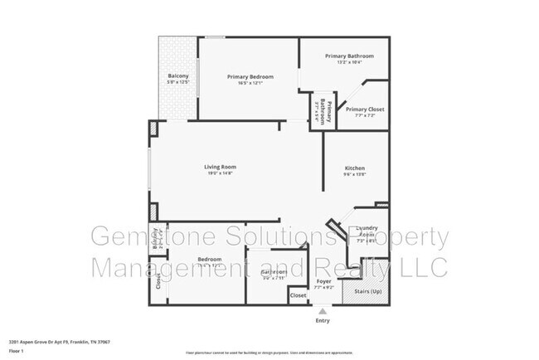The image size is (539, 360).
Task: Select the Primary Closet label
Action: click(x=364, y=109)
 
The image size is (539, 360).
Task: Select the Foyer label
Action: click(x=324, y=282)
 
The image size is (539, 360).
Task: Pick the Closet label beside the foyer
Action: click(x=298, y=294)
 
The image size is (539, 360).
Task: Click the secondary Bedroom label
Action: click(x=209, y=260)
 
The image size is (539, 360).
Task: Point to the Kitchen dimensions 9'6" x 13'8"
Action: click(x=354, y=174)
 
